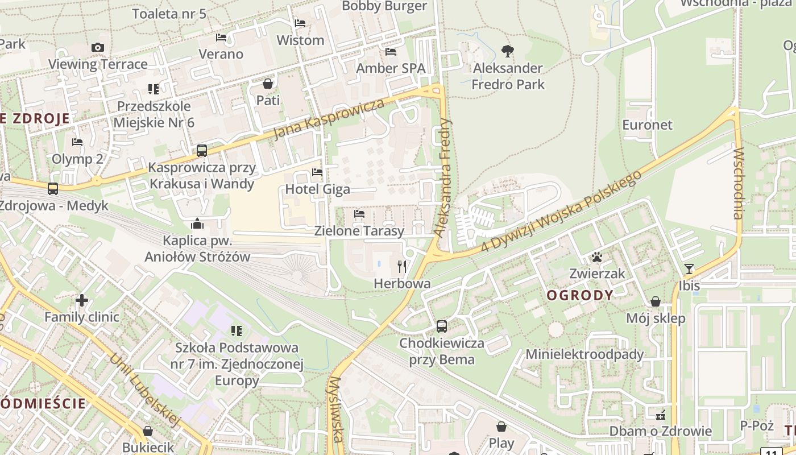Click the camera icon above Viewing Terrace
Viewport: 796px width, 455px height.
[x=98, y=47]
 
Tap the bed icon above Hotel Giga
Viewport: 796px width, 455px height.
[x=317, y=172]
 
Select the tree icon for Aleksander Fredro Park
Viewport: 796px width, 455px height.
[x=508, y=52]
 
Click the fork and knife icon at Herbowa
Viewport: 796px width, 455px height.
[x=402, y=266]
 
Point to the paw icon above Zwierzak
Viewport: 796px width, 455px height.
[x=597, y=257]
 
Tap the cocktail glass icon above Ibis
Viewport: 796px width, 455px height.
[x=689, y=268]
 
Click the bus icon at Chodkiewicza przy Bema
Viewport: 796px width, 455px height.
[x=442, y=326]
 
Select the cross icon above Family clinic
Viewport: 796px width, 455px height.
[x=82, y=300]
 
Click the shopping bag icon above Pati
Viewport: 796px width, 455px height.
[x=268, y=84]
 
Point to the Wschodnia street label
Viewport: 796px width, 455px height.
[x=738, y=183]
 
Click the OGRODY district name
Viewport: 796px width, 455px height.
[x=580, y=295]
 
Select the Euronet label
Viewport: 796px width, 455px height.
[x=647, y=125]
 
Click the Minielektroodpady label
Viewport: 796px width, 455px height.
[x=584, y=354]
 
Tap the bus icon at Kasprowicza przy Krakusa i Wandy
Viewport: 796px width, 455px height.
[x=202, y=151]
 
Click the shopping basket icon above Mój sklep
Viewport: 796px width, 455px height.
[x=656, y=301]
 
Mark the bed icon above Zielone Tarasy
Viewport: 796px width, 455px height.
[x=359, y=214]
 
